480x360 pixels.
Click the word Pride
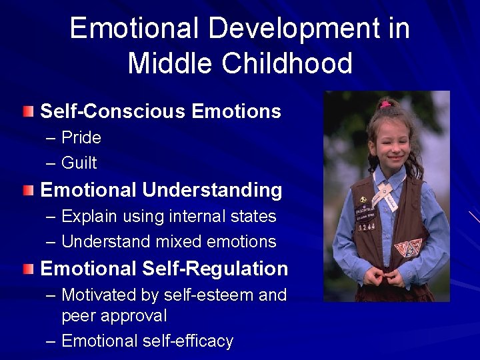(81, 138)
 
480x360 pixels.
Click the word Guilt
(79, 163)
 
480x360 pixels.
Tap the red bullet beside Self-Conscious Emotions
(27, 111)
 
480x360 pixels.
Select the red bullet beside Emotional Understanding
(27, 191)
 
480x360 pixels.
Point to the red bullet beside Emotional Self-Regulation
(27, 269)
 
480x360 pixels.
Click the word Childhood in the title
(287, 63)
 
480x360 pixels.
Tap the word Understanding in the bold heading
(212, 191)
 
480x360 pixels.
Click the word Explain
(92, 217)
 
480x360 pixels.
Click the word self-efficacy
(187, 341)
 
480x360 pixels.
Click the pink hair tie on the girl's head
(385, 105)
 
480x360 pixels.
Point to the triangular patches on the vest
(407, 248)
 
